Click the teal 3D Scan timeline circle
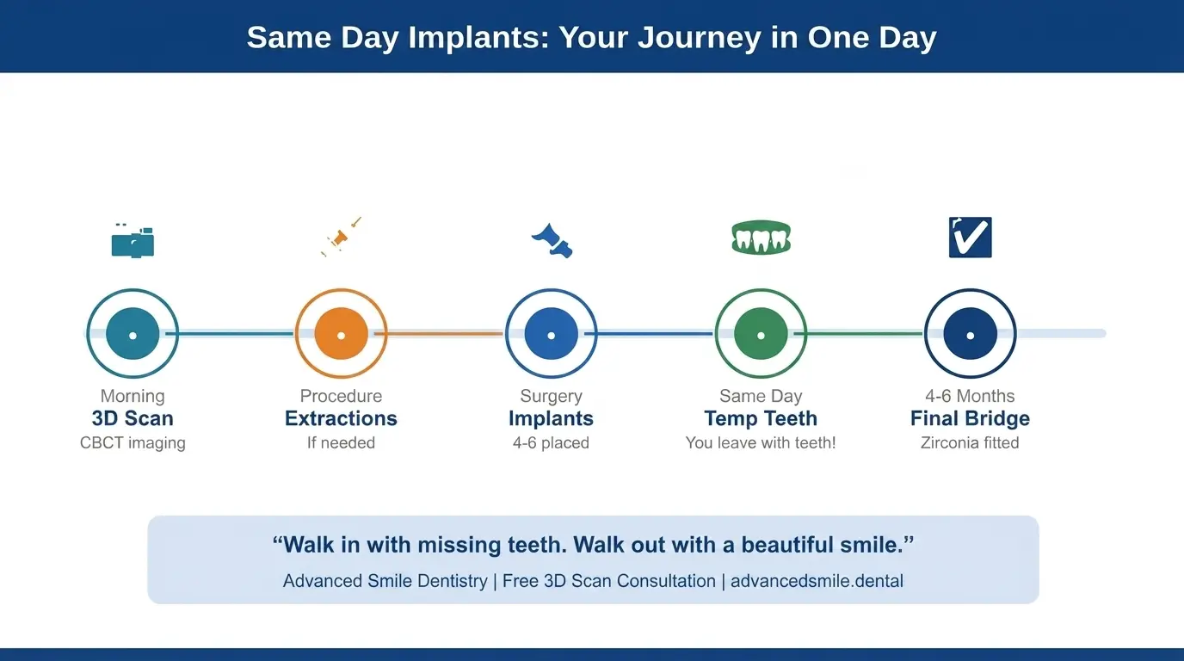pos(133,334)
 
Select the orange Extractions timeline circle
pos(342,334)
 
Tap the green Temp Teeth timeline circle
pos(761,334)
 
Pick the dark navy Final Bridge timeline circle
pos(970,334)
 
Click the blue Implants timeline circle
pos(551,334)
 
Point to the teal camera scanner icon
pos(133,241)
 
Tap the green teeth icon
pos(761,238)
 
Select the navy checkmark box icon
pos(970,238)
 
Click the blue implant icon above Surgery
pos(552,240)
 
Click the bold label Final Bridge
pos(970,419)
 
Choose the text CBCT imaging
pos(133,443)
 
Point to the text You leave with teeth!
pos(761,443)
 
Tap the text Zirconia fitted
pos(970,443)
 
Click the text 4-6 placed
pos(551,443)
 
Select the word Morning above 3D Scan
pos(133,396)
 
